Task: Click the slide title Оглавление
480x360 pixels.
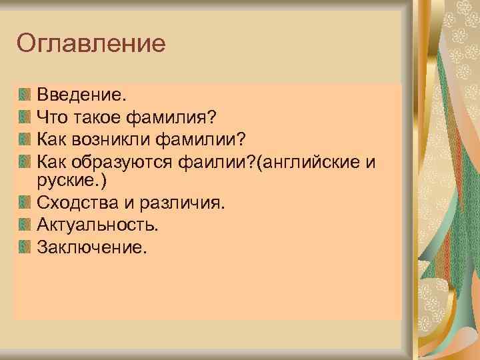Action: tap(91, 44)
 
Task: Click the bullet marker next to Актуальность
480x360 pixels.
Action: tap(25, 223)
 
